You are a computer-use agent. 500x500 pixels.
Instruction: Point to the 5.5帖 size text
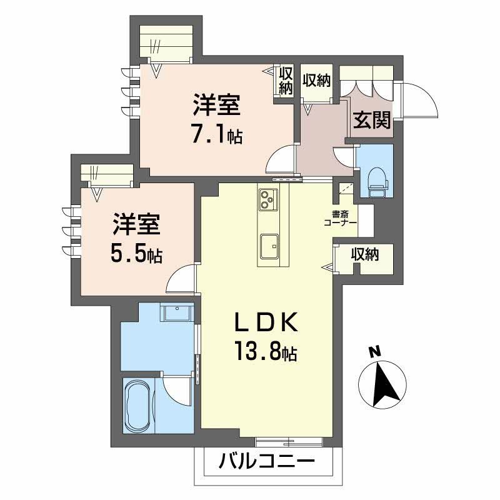(137, 253)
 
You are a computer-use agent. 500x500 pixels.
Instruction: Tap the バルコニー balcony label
(267, 463)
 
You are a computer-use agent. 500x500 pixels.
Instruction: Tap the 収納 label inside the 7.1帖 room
(286, 81)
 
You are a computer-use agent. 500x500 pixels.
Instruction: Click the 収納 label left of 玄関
(316, 81)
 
